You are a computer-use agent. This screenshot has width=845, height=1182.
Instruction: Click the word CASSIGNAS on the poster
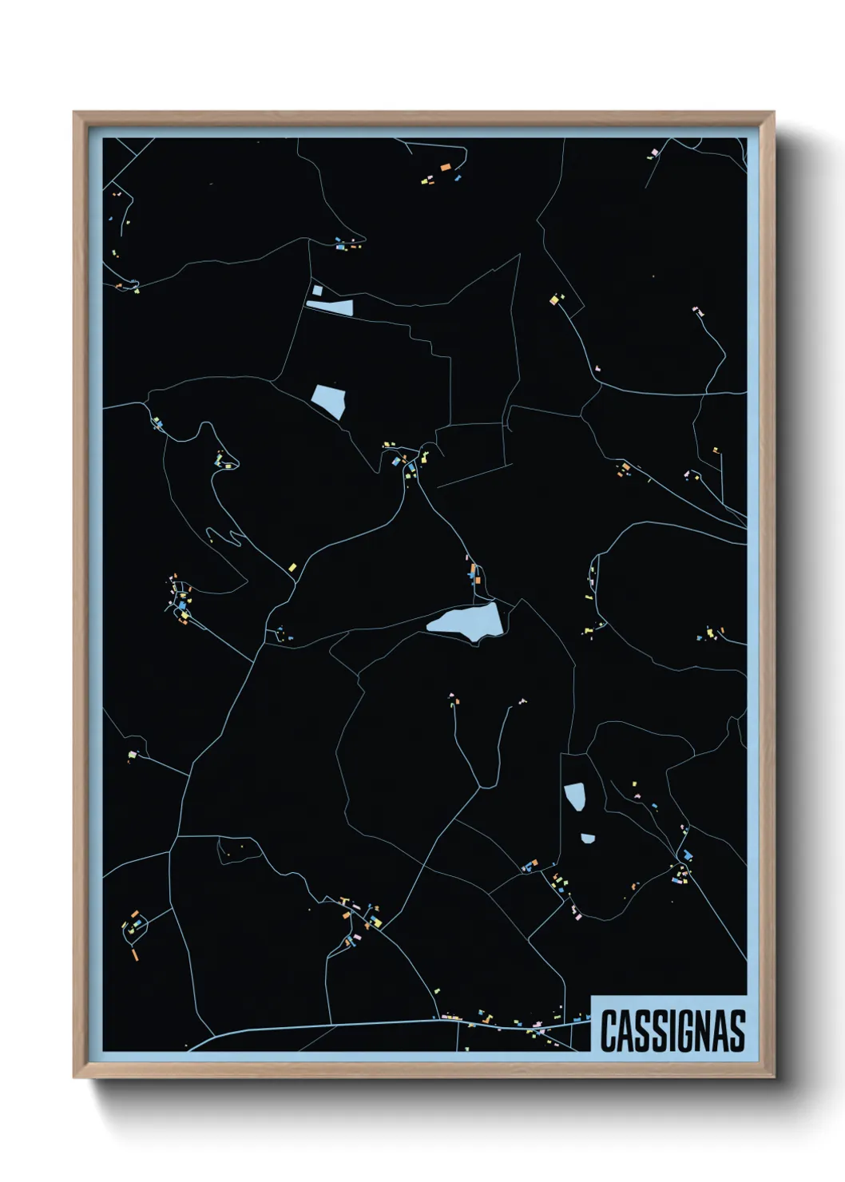tap(672, 1030)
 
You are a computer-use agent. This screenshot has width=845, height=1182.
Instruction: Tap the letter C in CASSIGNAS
tap(609, 1030)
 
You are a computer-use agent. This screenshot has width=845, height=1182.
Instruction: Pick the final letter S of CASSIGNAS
tap(737, 1030)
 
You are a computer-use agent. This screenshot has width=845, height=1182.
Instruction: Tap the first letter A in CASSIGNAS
tap(626, 1030)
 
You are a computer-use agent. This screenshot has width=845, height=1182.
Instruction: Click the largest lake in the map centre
tap(467, 620)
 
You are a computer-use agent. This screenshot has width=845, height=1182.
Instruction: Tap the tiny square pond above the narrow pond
tap(317, 291)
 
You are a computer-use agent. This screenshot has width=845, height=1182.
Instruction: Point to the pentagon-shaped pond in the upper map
tap(329, 399)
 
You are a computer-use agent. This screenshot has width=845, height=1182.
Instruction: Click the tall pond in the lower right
tap(574, 796)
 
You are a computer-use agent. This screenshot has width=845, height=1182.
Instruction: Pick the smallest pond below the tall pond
tap(588, 839)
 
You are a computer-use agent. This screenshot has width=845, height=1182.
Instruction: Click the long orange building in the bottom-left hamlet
tap(135, 953)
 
